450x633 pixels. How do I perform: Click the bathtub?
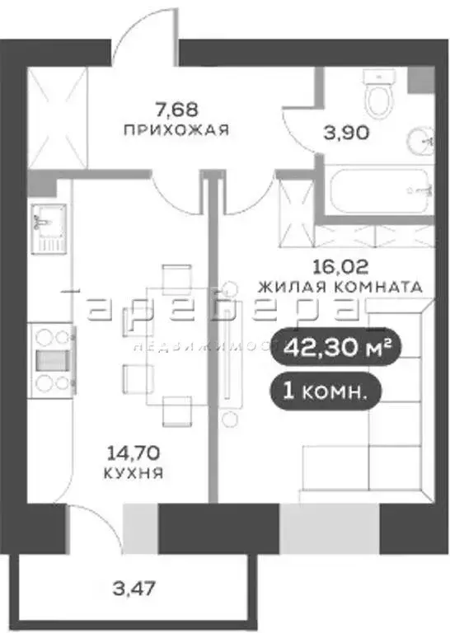pyautogui.click(x=375, y=191)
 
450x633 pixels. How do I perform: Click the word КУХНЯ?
pyautogui.click(x=132, y=473)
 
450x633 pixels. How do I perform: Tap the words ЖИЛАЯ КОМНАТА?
pyautogui.click(x=340, y=288)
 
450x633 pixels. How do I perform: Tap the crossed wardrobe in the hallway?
pyautogui.click(x=58, y=119)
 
